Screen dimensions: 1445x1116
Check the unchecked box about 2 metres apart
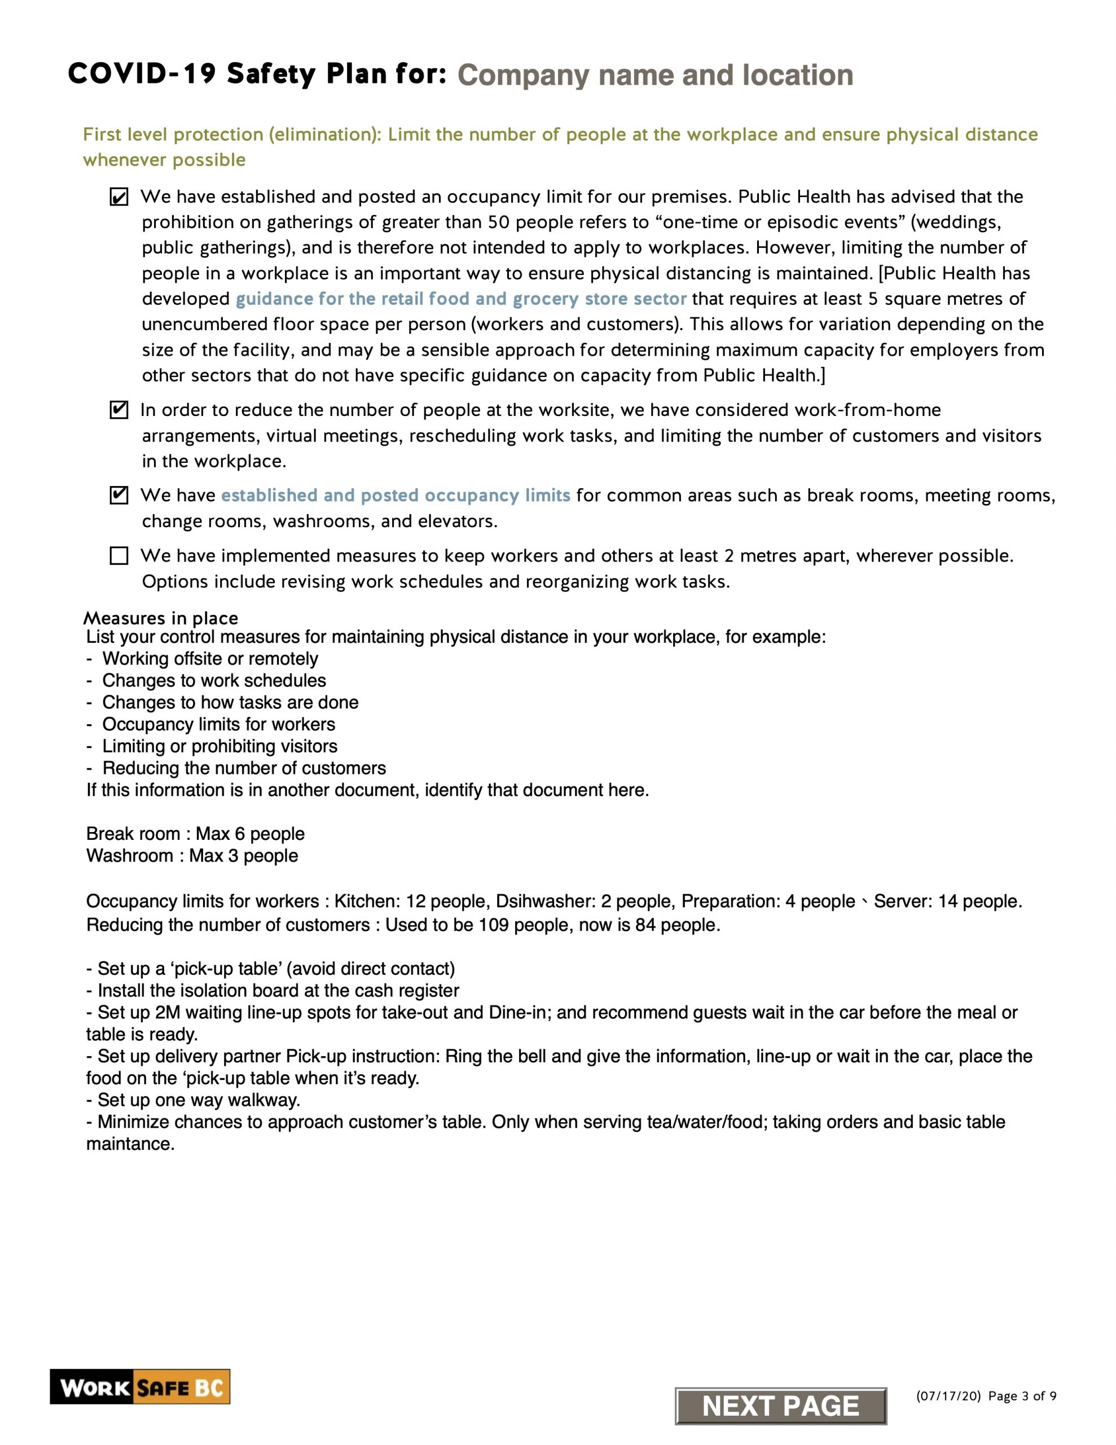click(119, 556)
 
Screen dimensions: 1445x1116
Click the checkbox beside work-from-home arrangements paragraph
click(119, 410)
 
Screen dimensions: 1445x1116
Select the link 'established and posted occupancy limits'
click(395, 496)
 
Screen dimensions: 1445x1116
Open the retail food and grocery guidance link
click(460, 299)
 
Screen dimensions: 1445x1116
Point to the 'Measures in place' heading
click(161, 619)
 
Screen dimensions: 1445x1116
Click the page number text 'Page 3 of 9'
click(1022, 1396)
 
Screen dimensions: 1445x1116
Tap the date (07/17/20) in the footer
click(948, 1396)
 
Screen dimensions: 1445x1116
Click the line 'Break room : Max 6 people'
click(195, 834)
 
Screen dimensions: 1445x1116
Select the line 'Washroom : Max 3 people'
click(192, 856)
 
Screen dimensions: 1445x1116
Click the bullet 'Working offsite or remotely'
click(210, 659)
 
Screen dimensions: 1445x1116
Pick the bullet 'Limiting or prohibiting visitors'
click(219, 746)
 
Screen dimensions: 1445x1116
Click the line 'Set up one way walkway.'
click(193, 1100)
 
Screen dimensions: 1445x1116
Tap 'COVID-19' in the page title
click(142, 74)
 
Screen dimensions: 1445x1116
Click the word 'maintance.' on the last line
click(130, 1144)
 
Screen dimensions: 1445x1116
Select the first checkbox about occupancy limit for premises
click(119, 197)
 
